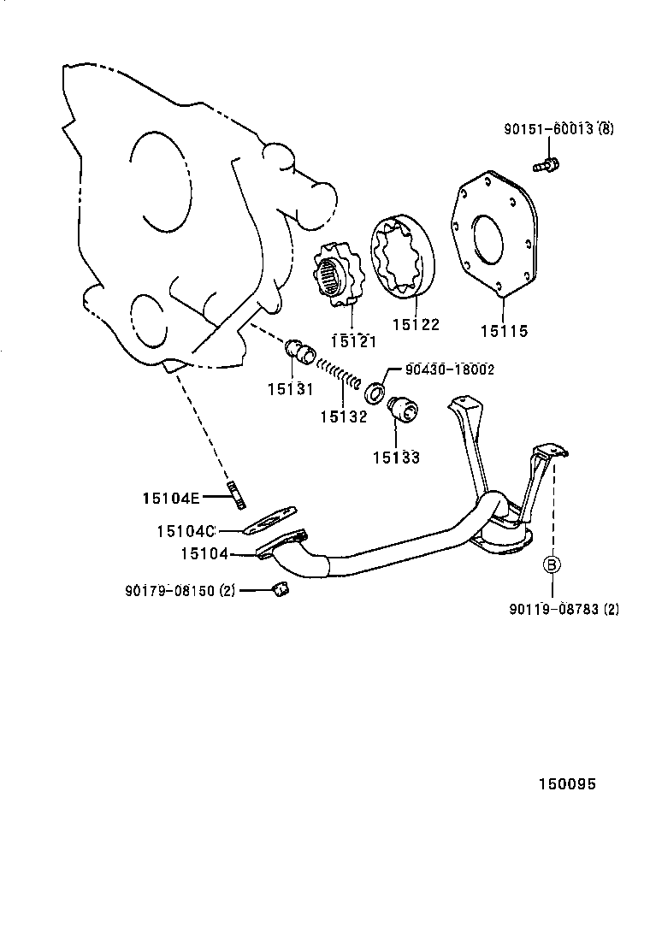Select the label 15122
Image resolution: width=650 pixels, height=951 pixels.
[416, 324]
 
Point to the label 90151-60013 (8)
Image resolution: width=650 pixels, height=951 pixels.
[558, 130]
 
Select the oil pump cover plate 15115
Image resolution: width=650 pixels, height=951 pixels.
[493, 235]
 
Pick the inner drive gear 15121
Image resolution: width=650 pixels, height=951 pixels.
[340, 275]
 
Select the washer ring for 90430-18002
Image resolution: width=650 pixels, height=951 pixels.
[375, 394]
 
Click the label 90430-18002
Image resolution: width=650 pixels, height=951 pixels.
[450, 369]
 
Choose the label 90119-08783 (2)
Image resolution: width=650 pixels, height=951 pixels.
[564, 609]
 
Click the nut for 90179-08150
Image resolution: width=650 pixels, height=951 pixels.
[278, 588]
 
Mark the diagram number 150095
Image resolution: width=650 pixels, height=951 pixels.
[566, 783]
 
